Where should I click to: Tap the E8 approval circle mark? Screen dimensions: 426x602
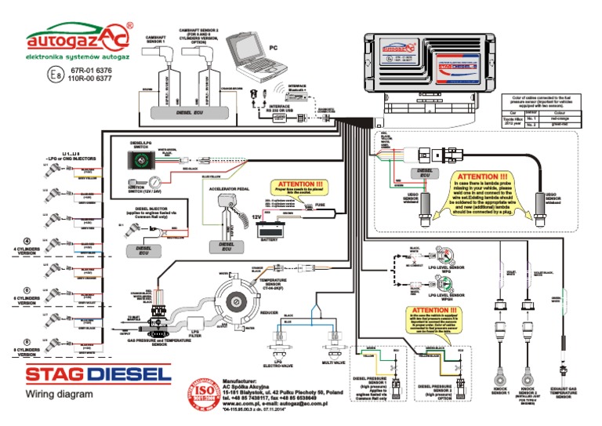click(53, 75)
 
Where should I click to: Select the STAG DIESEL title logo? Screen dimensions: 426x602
click(97, 374)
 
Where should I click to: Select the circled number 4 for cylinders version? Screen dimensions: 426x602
click(27, 240)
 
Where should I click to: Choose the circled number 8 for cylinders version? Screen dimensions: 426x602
click(27, 341)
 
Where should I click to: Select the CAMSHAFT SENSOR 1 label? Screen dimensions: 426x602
click(150, 38)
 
